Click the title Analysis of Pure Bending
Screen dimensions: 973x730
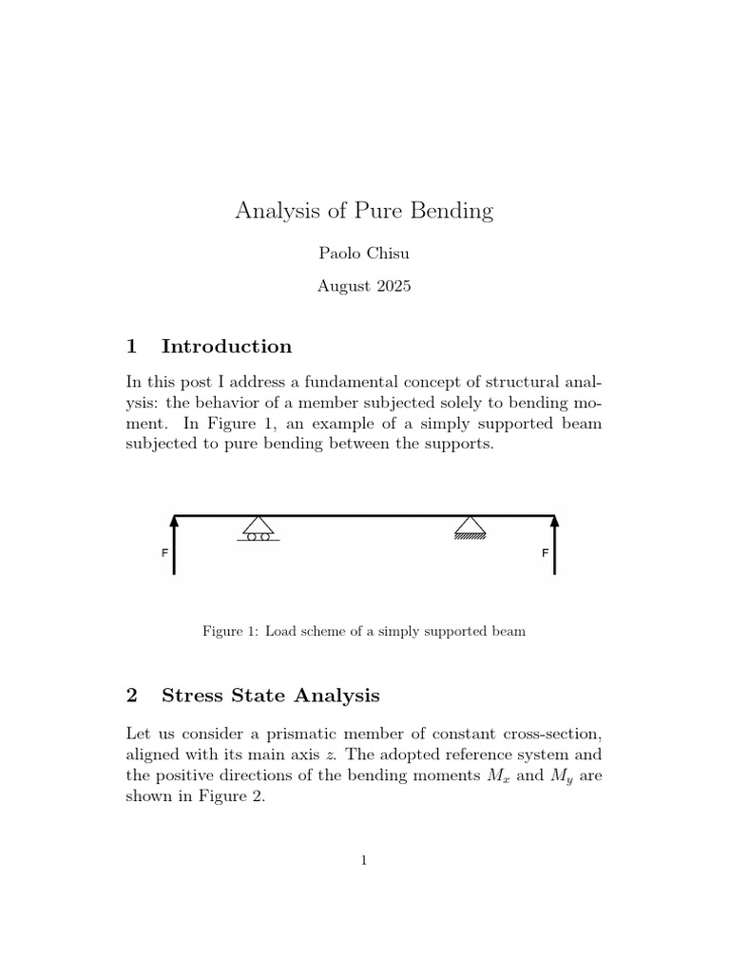364,211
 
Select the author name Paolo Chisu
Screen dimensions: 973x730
364,254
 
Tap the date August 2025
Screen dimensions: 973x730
364,285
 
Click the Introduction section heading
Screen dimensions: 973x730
226,346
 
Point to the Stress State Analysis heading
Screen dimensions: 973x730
270,696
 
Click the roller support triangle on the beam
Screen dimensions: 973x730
258,526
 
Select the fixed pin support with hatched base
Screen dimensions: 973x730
470,526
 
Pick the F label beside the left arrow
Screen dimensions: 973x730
164,553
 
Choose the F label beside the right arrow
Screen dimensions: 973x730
545,553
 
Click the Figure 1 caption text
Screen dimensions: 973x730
364,631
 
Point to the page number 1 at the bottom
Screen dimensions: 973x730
364,861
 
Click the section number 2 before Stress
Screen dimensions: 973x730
132,696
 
